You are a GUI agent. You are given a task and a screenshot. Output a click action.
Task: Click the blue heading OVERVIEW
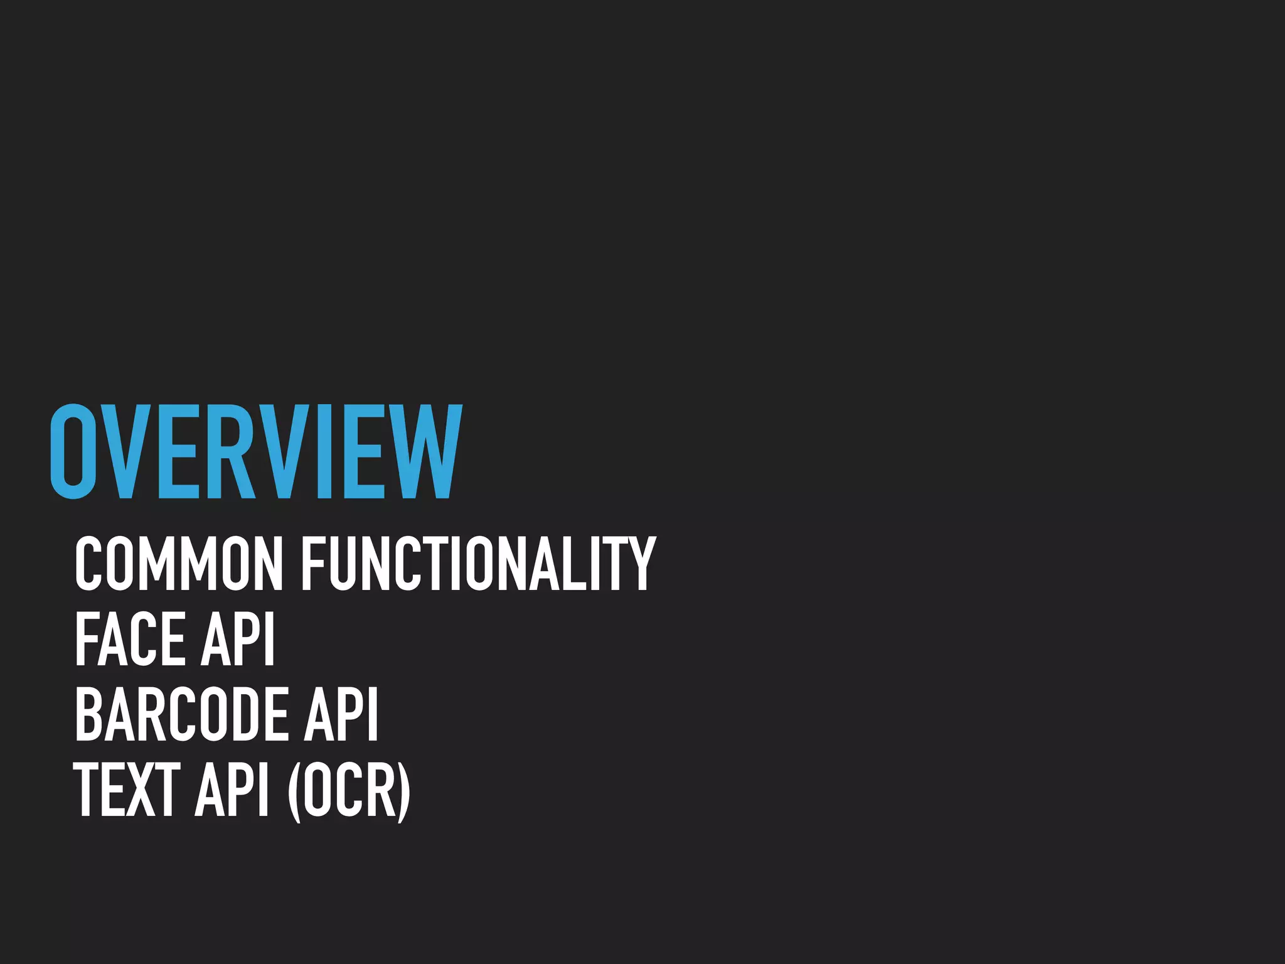[x=256, y=452]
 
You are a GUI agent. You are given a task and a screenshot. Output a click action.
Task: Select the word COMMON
[x=179, y=563]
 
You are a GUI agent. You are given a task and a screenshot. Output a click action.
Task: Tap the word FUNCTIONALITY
[x=478, y=563]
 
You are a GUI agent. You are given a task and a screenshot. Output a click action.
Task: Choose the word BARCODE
[x=181, y=714]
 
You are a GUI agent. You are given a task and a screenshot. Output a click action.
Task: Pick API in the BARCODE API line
[x=341, y=714]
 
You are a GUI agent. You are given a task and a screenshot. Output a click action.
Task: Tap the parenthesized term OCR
[x=349, y=790]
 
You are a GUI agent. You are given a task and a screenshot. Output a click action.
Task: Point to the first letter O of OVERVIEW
[x=73, y=452]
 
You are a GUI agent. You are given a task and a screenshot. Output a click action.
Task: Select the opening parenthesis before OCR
[x=294, y=790]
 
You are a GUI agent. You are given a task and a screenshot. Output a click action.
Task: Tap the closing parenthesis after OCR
[x=404, y=790]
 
